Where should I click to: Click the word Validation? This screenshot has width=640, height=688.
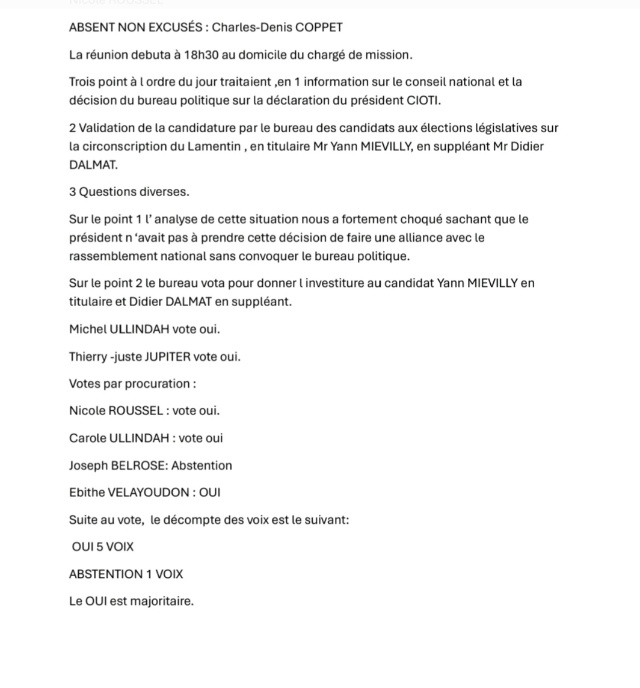tap(108, 128)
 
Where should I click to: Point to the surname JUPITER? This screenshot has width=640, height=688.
tap(168, 357)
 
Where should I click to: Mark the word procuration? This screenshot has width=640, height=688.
tap(158, 384)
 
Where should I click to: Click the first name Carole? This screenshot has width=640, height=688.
tap(87, 438)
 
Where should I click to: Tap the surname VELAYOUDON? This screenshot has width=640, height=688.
tap(148, 493)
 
